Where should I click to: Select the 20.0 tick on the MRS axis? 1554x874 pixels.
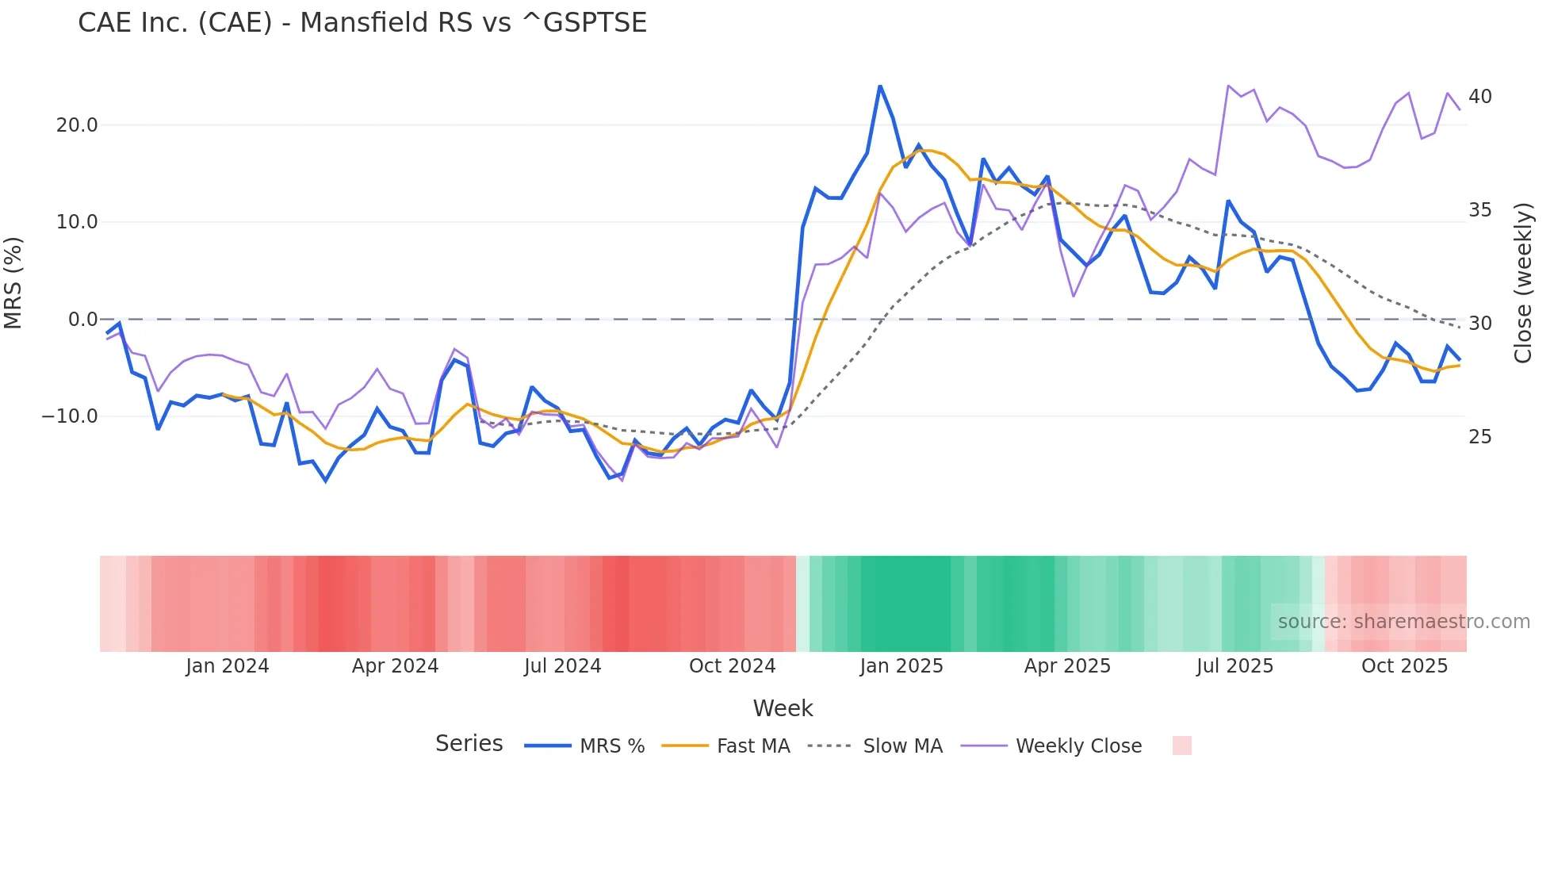tap(77, 125)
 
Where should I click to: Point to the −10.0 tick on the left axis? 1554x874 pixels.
tap(70, 416)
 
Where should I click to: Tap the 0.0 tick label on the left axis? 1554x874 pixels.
tap(83, 320)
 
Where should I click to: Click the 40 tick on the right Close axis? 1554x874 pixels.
tap(1479, 97)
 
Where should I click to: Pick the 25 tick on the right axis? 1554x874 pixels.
tap(1479, 437)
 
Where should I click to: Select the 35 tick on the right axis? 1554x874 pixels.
tap(1479, 210)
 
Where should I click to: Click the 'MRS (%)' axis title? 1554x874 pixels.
tap(13, 282)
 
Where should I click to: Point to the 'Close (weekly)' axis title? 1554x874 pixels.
tap(1522, 282)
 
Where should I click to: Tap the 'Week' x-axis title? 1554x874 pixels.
tap(783, 708)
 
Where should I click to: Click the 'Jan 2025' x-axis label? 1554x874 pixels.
tap(901, 666)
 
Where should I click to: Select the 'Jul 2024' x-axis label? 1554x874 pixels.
tap(563, 666)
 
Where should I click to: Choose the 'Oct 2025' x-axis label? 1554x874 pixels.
tap(1404, 666)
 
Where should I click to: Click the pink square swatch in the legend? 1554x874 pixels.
tap(1181, 746)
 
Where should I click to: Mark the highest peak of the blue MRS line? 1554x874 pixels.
tap(880, 86)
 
